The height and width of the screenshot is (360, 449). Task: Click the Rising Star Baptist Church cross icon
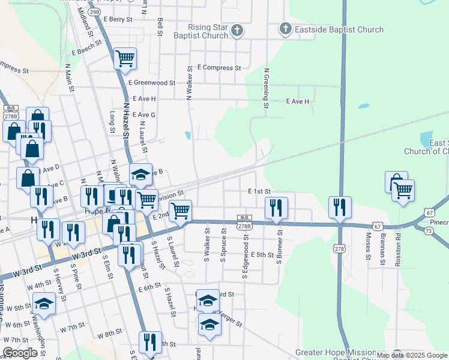237,30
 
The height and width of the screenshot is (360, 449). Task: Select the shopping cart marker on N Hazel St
125,59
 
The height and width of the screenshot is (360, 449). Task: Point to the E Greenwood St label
151,83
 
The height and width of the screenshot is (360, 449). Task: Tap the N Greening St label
266,88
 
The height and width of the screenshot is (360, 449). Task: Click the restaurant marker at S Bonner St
276,208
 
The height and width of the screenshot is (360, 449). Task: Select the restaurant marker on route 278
340,207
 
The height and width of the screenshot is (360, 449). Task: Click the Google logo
20,353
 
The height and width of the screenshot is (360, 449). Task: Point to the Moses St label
368,247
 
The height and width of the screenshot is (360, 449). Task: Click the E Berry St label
118,19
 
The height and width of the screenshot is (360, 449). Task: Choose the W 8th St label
109,332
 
